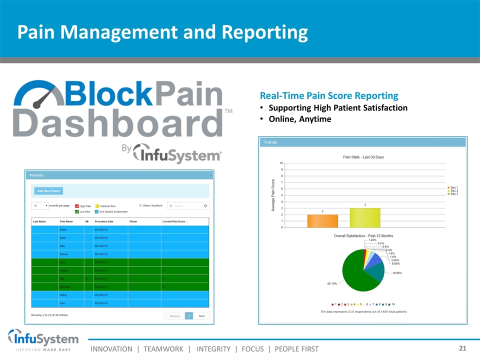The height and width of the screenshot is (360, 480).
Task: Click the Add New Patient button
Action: tap(48, 191)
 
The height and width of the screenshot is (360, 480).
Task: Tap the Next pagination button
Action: tap(201, 316)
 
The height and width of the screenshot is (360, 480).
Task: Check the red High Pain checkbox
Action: tap(77, 206)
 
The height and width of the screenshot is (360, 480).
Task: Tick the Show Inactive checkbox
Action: tap(140, 205)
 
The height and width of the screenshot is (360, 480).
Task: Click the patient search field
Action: tap(188, 206)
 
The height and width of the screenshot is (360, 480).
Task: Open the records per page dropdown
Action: tap(40, 205)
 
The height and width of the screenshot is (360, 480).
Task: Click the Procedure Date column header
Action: tap(104, 221)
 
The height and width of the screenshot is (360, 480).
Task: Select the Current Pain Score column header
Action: tap(174, 221)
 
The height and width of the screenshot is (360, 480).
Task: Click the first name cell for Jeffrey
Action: tap(64, 294)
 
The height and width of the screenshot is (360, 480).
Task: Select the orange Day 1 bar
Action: tap(322, 220)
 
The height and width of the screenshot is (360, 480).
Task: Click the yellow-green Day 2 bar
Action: tap(365, 217)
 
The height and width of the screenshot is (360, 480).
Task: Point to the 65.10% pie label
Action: tap(332, 283)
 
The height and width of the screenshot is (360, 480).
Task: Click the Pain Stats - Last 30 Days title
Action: tap(363, 157)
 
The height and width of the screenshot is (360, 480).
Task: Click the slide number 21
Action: tap(462, 348)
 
